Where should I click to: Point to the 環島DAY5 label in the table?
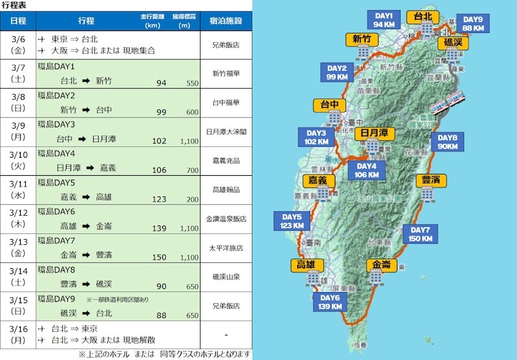coord(57,182)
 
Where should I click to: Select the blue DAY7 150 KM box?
coord(419,234)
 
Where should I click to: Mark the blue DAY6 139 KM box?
coord(330,301)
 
